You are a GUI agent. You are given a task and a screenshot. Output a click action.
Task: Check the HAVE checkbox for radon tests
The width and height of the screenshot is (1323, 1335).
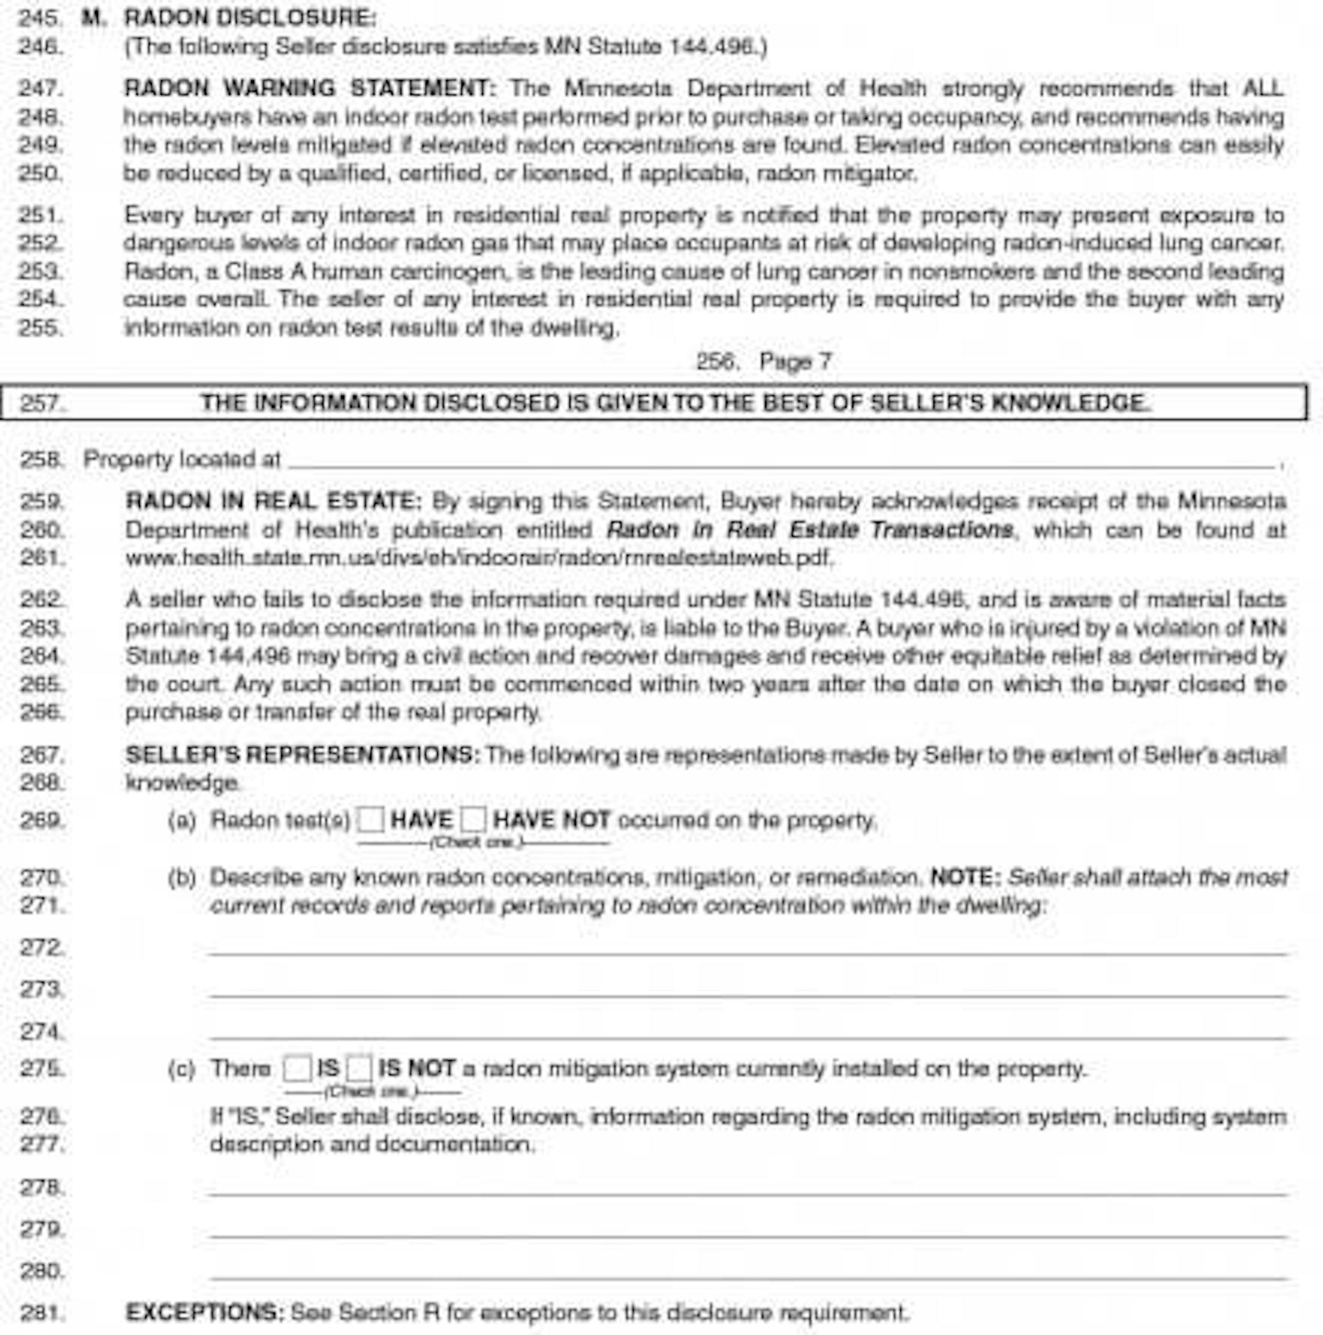tap(371, 820)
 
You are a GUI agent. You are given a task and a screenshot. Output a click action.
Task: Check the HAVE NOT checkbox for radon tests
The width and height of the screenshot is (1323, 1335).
tap(473, 820)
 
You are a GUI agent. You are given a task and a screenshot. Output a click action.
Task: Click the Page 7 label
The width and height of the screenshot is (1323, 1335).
tap(795, 361)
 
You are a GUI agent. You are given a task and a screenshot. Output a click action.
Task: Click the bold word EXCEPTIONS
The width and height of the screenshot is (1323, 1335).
tap(205, 1312)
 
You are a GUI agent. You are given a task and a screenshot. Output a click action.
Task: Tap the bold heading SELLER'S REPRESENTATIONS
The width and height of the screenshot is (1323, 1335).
tap(302, 754)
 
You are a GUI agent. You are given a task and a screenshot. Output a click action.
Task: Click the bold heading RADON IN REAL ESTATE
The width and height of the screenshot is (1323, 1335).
tap(273, 501)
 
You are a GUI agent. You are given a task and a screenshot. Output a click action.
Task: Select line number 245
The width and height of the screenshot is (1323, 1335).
tap(40, 18)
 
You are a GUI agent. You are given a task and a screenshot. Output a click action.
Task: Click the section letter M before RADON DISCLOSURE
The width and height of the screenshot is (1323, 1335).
tap(93, 18)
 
